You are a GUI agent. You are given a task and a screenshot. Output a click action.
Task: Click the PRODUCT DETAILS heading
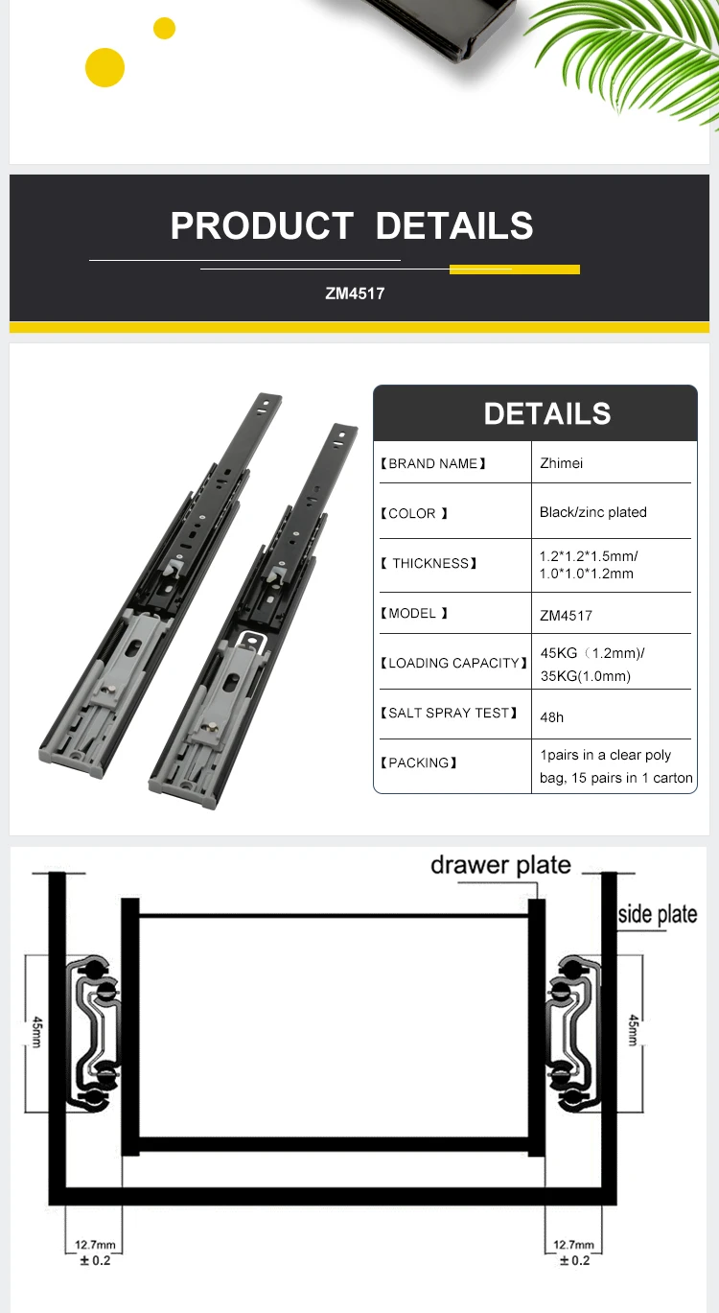pyautogui.click(x=352, y=226)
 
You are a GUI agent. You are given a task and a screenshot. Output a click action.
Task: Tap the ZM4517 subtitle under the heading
pyautogui.click(x=355, y=293)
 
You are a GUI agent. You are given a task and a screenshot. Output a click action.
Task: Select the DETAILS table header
pyautogui.click(x=546, y=413)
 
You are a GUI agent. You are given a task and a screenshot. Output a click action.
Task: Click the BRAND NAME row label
pyautogui.click(x=433, y=463)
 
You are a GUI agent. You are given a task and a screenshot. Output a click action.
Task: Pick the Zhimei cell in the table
pyautogui.click(x=561, y=463)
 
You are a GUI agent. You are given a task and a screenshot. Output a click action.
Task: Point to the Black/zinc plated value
pyautogui.click(x=592, y=512)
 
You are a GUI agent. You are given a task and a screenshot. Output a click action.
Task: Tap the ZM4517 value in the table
pyautogui.click(x=566, y=615)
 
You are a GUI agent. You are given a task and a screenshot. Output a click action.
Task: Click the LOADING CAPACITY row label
pyautogui.click(x=453, y=663)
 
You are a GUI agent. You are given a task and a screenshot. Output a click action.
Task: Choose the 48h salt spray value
pyautogui.click(x=552, y=716)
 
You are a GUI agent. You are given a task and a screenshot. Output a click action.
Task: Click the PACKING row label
pyautogui.click(x=419, y=762)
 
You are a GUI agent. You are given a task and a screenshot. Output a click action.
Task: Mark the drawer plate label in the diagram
pyautogui.click(x=500, y=864)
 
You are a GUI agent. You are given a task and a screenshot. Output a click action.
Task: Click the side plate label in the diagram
pyautogui.click(x=657, y=913)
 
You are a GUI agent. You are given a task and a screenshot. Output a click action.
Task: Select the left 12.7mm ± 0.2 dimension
pyautogui.click(x=94, y=1252)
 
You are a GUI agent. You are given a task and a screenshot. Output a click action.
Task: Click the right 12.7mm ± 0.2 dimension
pyautogui.click(x=573, y=1252)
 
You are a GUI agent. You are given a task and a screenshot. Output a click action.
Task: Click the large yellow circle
pyautogui.click(x=104, y=67)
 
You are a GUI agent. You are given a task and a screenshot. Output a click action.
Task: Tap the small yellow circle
pyautogui.click(x=165, y=29)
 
